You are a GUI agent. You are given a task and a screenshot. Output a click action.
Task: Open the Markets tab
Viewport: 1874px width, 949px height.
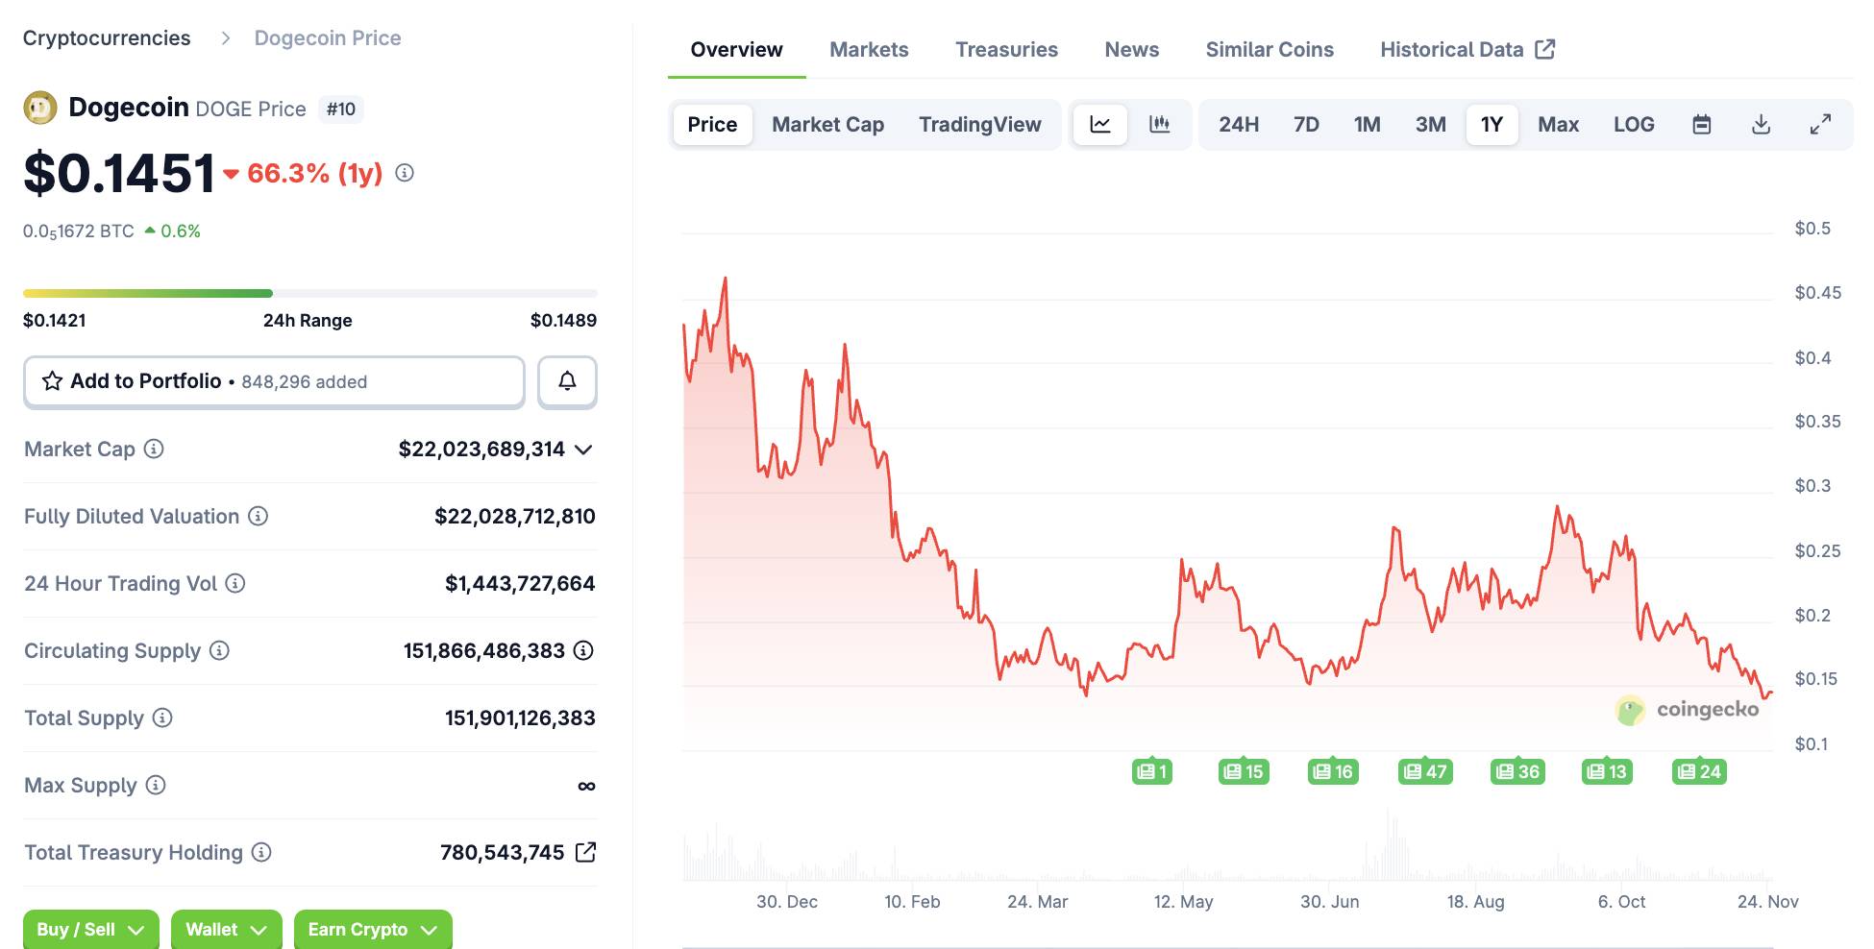pos(869,50)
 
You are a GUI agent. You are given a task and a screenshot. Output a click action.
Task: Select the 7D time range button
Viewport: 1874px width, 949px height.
pos(1306,125)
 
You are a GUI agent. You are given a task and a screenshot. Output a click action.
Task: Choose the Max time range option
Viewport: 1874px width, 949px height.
pos(1558,125)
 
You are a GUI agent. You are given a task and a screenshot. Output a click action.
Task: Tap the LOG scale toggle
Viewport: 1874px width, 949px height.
pos(1634,125)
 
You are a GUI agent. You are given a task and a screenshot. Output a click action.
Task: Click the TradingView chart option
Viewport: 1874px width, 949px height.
pos(979,125)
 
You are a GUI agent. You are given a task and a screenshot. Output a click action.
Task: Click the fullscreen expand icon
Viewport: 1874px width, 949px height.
pos(1820,125)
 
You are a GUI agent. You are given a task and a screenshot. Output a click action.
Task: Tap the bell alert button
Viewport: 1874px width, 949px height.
pos(567,381)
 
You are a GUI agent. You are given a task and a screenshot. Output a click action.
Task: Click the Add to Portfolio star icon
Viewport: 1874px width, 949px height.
pos(53,381)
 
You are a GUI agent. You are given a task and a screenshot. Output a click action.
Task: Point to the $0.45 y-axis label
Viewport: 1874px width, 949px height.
pos(1817,293)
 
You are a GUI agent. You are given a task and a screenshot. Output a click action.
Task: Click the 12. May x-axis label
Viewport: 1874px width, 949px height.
pos(1183,902)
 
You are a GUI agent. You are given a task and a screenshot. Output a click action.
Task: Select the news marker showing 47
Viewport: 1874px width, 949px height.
pos(1425,771)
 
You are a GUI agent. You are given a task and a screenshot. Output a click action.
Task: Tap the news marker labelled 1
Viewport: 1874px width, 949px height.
pos(1151,771)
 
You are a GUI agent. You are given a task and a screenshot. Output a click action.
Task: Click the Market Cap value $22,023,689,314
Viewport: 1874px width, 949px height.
pos(481,450)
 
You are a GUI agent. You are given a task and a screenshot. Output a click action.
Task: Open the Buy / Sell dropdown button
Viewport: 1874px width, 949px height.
pos(90,929)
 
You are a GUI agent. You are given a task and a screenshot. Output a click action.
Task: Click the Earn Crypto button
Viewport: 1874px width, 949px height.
pos(372,929)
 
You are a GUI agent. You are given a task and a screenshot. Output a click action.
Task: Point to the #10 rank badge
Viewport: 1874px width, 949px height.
pos(340,109)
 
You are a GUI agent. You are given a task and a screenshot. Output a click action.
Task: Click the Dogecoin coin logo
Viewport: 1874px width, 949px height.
pos(40,108)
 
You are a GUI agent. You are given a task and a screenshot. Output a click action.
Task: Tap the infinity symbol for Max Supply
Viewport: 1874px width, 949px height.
pos(586,786)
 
